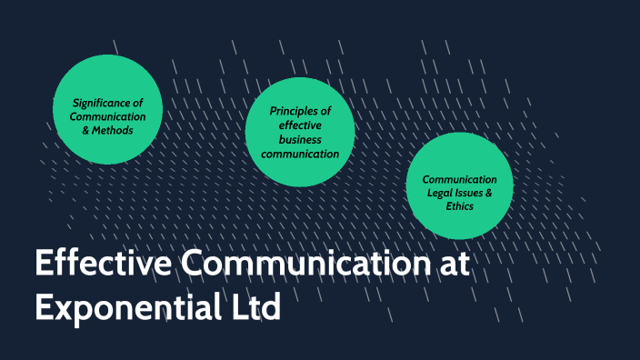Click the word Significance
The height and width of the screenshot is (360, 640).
pyautogui.click(x=107, y=102)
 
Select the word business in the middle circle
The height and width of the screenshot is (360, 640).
pyautogui.click(x=300, y=140)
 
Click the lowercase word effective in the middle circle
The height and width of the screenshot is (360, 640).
pyautogui.click(x=300, y=125)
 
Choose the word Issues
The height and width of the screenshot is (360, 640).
pyautogui.click(x=475, y=194)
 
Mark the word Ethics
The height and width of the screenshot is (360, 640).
pyautogui.click(x=459, y=207)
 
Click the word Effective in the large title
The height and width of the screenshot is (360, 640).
pyautogui.click(x=101, y=265)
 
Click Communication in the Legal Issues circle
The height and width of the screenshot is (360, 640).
pyautogui.click(x=459, y=179)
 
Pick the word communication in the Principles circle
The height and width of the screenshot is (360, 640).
pyautogui.click(x=300, y=155)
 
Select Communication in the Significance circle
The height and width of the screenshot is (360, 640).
pyautogui.click(x=107, y=116)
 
